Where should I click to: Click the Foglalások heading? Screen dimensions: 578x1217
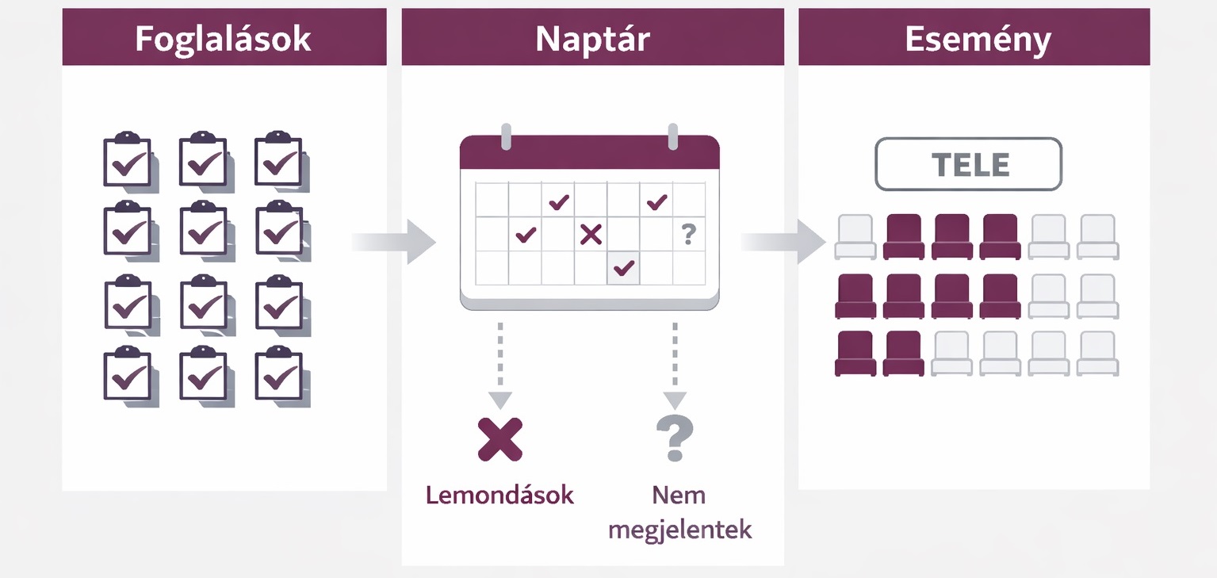[223, 39]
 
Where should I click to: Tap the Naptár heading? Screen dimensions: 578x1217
[592, 39]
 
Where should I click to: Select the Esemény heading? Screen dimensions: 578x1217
[978, 39]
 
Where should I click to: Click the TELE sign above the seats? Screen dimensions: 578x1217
[968, 164]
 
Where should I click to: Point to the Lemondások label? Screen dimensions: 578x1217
[499, 496]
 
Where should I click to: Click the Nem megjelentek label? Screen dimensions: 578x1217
[679, 513]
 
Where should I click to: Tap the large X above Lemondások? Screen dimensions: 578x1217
[500, 439]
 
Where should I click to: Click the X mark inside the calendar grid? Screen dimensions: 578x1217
[591, 234]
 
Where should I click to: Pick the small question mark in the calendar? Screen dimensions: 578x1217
[688, 234]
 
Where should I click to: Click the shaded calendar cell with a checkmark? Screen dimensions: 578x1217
[624, 268]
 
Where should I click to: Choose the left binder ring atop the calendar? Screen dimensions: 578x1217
[506, 136]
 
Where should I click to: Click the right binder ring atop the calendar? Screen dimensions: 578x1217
[673, 136]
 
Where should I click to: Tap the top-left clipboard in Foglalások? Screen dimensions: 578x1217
[128, 160]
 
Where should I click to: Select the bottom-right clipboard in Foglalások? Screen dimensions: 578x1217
[278, 373]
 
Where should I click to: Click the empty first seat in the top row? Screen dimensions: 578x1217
[855, 236]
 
